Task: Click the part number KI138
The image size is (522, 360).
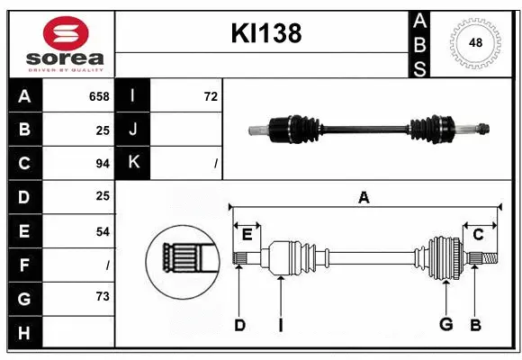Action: click(265, 33)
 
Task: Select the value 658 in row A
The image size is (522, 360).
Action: click(98, 96)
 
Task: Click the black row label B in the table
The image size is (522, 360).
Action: click(24, 130)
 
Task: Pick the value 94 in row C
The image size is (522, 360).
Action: click(102, 164)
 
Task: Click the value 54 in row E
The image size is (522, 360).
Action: click(102, 231)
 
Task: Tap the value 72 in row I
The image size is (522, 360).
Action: click(211, 96)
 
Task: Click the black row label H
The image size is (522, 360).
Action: click(24, 332)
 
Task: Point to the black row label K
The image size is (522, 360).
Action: click(133, 163)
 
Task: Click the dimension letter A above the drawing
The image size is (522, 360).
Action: click(364, 197)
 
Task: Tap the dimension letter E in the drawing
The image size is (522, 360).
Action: click(247, 235)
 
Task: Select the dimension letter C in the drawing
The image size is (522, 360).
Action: click(478, 235)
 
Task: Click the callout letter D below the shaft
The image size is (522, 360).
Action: click(239, 325)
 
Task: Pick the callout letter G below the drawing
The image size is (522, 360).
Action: click(445, 325)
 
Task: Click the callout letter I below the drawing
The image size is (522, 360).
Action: click(280, 325)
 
